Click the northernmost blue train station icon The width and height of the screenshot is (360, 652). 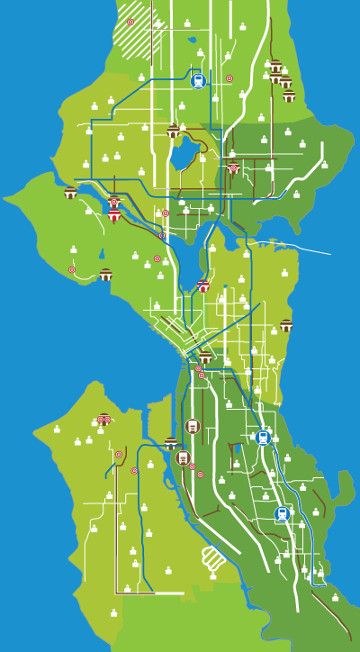tap(198, 80)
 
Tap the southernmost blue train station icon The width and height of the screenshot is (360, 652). tap(283, 514)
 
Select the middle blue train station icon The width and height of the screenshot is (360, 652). tap(263, 438)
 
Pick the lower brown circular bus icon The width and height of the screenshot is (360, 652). tap(184, 457)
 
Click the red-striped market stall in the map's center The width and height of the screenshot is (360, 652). tap(203, 286)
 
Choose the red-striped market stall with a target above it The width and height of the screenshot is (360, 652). tap(114, 214)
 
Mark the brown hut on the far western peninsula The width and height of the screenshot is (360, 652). tap(70, 193)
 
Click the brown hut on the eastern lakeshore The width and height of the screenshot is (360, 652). tap(286, 326)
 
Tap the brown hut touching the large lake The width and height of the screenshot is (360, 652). tap(173, 131)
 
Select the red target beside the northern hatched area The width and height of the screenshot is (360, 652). tap(130, 22)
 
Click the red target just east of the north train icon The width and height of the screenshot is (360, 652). tap(229, 78)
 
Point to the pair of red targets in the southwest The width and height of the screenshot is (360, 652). tap(103, 419)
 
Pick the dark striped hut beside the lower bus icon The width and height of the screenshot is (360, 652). tap(171, 443)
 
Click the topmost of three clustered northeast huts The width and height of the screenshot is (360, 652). tap(275, 66)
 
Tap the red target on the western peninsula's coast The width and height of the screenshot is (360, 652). tap(72, 269)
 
